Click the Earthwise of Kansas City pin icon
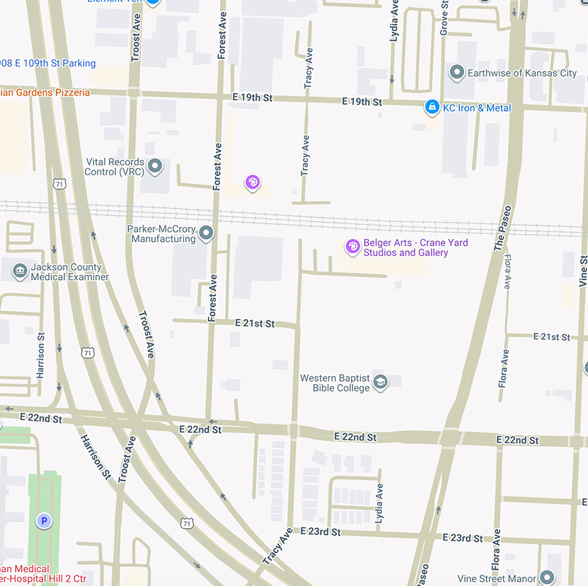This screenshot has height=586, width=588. click(456, 73)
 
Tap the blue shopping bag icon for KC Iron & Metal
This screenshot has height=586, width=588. click(431, 107)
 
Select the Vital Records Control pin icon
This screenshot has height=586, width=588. click(155, 167)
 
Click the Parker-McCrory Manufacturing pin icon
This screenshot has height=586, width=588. click(206, 233)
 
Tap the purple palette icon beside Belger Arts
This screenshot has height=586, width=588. click(352, 246)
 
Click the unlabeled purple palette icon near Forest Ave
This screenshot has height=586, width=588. click(253, 182)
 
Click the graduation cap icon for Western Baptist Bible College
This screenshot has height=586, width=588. click(381, 382)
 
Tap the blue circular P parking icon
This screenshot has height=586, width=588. click(44, 522)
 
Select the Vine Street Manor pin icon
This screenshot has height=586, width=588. click(546, 577)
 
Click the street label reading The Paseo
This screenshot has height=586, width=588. click(503, 228)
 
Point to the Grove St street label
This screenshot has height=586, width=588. click(444, 18)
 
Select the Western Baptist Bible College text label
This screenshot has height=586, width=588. click(335, 383)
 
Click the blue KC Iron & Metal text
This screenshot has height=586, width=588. click(477, 108)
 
